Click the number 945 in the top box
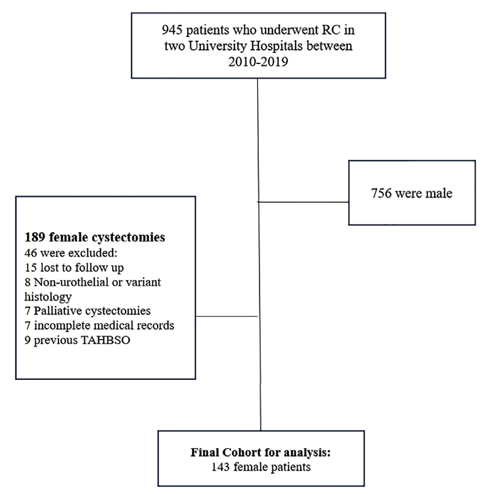tap(172, 30)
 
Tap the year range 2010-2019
tap(258, 61)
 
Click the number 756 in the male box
tap(381, 193)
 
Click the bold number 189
tap(35, 237)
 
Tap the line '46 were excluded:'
tap(71, 253)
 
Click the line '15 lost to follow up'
tap(74, 268)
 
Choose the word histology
tap(48, 297)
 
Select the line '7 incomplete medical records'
tap(99, 325)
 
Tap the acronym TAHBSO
tap(105, 340)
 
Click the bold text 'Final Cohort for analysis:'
tap(261, 453)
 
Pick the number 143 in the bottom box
tap(221, 467)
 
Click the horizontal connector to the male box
tap(303, 202)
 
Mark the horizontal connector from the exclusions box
tap(227, 316)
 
